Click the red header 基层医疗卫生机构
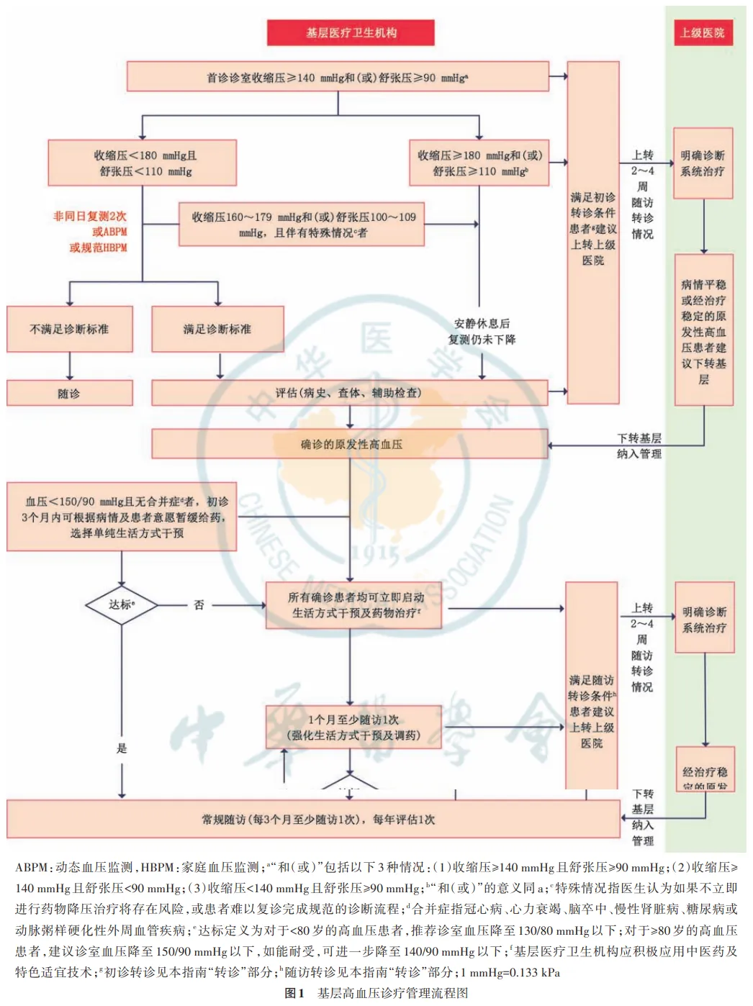[x=351, y=32]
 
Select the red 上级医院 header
[x=702, y=32]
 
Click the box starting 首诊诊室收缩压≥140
[x=338, y=77]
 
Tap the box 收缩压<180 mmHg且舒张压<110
[x=143, y=163]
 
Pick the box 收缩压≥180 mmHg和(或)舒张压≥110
[x=479, y=163]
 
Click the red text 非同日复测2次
[x=90, y=216]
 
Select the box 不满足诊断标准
[x=69, y=329]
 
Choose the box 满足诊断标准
[x=217, y=329]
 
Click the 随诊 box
[x=69, y=393]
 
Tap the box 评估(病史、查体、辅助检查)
[x=349, y=393]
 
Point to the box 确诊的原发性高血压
[x=349, y=444]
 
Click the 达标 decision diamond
[x=121, y=604]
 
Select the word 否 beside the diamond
[x=199, y=605]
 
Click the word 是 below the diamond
[x=122, y=748]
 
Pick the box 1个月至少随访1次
[x=353, y=728]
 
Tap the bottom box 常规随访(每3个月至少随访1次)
[x=318, y=819]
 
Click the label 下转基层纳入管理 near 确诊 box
[x=639, y=445]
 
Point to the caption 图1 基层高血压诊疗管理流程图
[x=376, y=993]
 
